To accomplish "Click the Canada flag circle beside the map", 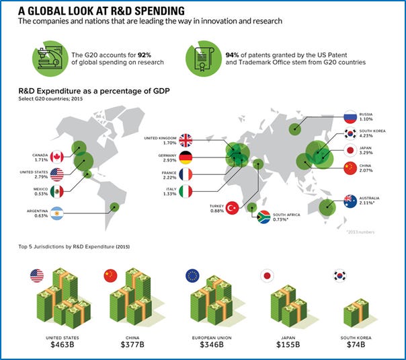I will tap(56, 157).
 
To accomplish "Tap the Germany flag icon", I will tap(184, 158).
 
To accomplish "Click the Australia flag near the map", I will tap(350, 200).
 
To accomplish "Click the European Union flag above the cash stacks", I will tap(193, 275).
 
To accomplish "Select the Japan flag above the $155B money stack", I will tap(268, 275).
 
